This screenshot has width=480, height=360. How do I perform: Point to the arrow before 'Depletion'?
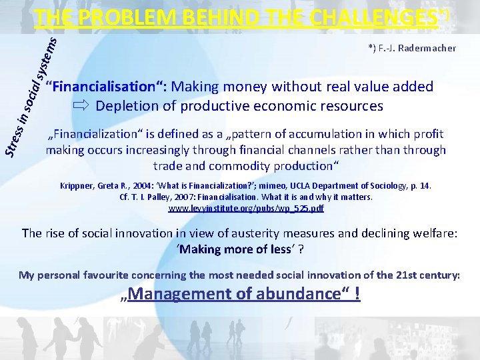point(81,105)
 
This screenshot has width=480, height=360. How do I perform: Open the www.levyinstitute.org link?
point(246,209)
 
